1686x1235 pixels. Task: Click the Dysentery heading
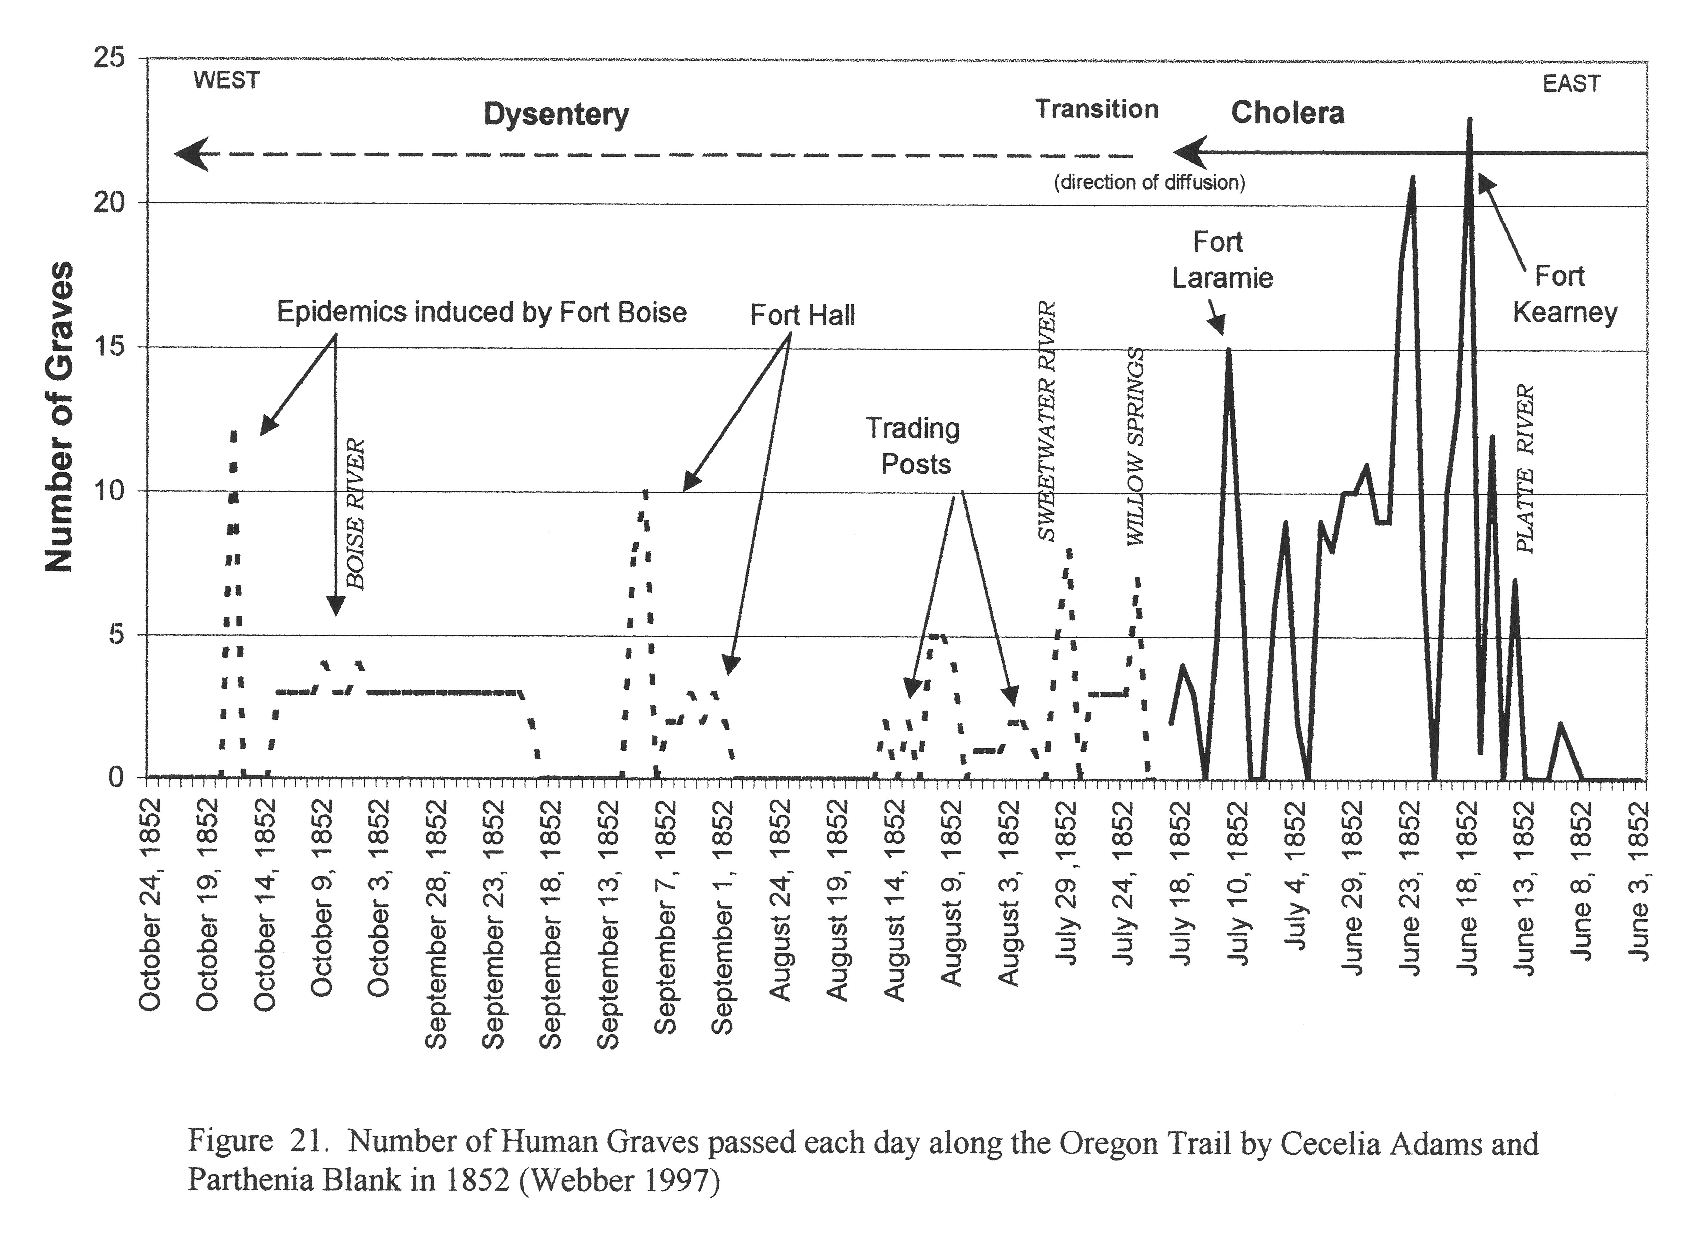pos(556,115)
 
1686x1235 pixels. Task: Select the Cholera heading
pos(1287,113)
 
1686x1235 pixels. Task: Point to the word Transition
pos(1096,109)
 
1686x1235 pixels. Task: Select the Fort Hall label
pos(802,316)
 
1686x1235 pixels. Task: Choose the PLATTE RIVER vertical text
pos(1524,469)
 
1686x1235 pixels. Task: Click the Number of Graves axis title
pos(58,416)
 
